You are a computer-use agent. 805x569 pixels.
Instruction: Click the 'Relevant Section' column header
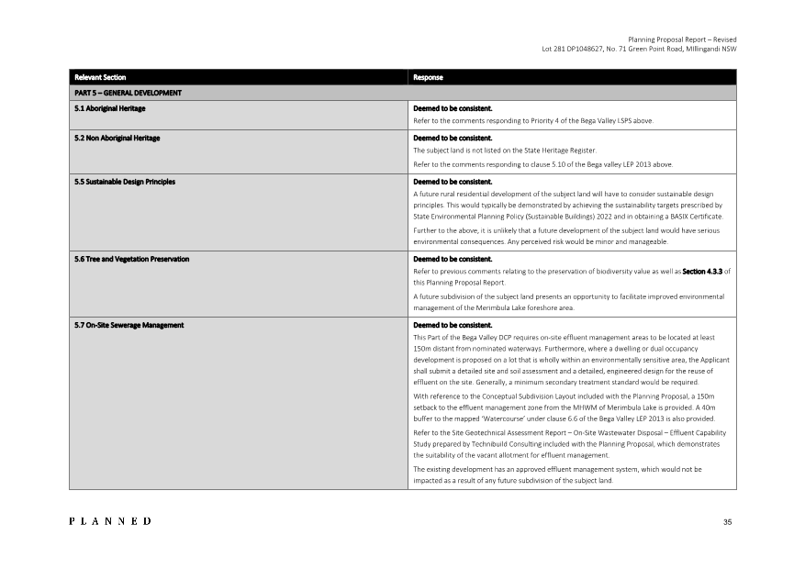click(100, 77)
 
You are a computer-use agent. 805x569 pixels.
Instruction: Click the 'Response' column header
click(429, 77)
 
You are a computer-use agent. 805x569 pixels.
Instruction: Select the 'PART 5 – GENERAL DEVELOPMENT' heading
click(128, 93)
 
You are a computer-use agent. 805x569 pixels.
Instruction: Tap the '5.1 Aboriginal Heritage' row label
click(109, 108)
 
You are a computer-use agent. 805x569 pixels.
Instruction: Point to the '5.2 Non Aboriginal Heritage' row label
click(117, 138)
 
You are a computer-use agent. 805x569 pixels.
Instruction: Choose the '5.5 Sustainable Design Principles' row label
click(124, 182)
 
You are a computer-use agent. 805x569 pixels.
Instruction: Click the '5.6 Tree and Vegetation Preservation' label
click(131, 259)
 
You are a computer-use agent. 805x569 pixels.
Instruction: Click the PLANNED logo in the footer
click(110, 521)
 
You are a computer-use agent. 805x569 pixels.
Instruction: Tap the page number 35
click(727, 522)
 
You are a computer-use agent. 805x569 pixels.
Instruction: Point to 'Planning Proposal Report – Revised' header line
click(682, 39)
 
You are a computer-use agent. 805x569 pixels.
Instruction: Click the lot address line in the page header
click(639, 49)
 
